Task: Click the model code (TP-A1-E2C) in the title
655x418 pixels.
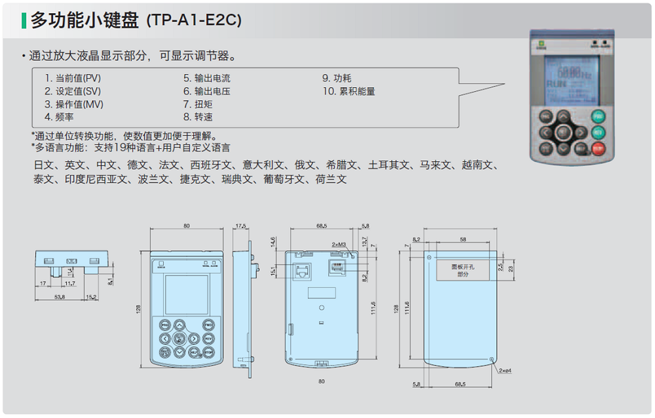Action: tap(195, 21)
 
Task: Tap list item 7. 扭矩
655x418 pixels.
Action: tap(198, 104)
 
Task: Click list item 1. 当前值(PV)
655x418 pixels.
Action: tap(73, 79)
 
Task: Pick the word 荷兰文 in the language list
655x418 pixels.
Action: tap(331, 179)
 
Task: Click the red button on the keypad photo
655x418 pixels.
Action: tap(598, 149)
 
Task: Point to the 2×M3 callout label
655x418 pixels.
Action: tap(339, 244)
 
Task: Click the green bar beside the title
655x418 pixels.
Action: tap(24, 21)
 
